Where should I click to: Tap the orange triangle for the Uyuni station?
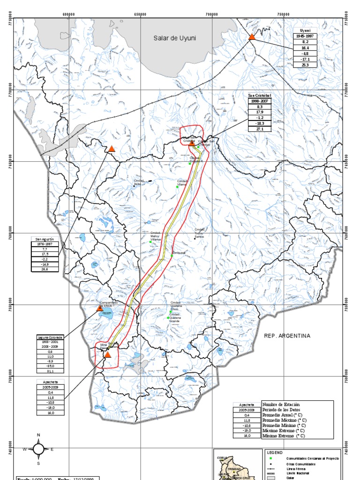coord(252,37)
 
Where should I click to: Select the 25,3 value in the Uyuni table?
coord(305,65)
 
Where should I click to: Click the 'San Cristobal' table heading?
coord(260,96)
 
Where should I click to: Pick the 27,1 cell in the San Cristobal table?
coord(260,129)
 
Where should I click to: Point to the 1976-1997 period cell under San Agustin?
coord(46,244)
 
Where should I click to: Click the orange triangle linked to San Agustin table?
coord(112,149)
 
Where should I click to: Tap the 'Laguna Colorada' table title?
coord(50,337)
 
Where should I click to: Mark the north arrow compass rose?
coord(38,449)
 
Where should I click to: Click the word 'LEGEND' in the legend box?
coord(275,452)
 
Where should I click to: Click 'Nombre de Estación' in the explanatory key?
coord(281,404)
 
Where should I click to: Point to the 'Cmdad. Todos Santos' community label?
coord(200,232)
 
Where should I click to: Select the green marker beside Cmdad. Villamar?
coord(178,187)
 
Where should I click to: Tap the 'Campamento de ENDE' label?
coord(109,304)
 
